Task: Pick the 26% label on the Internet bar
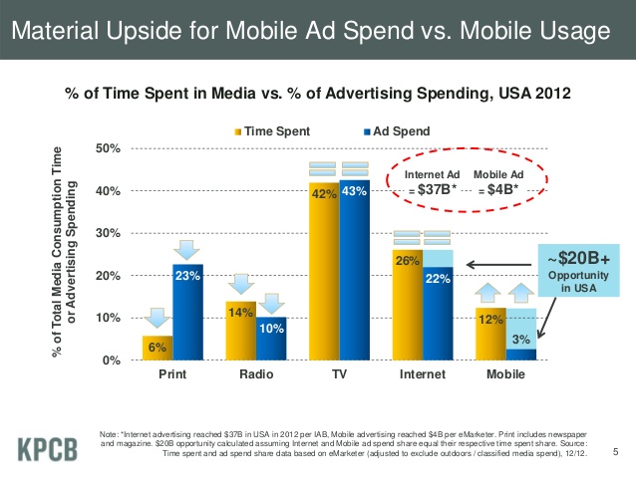(x=406, y=262)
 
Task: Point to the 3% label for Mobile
(x=521, y=340)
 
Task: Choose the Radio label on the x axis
(x=255, y=378)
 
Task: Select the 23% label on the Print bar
(x=187, y=277)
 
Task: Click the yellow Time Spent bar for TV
(x=323, y=279)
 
